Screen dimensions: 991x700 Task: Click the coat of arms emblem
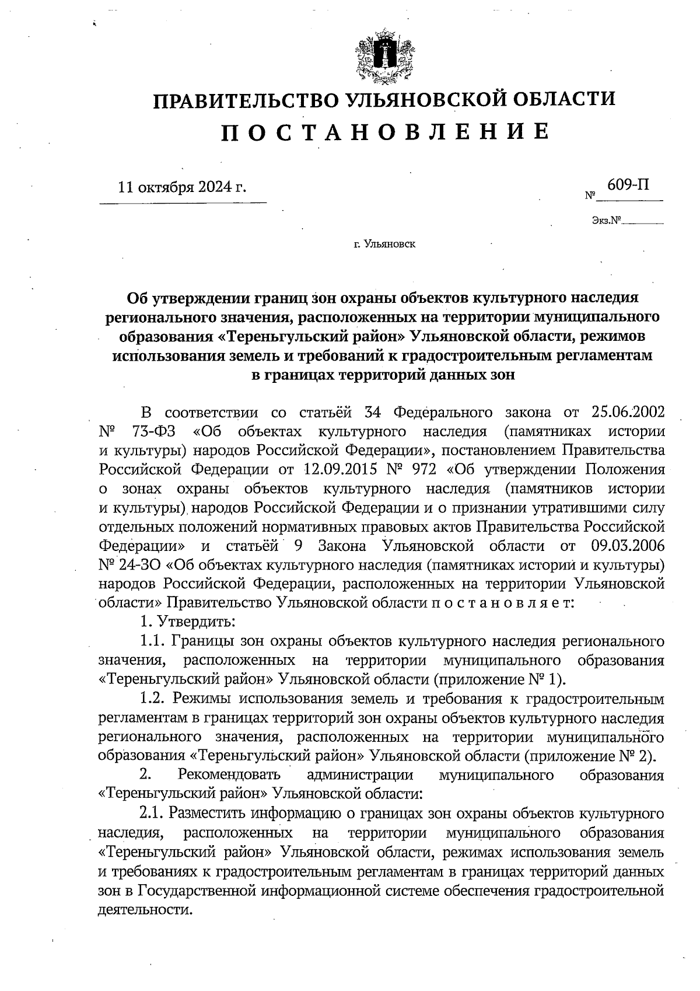pyautogui.click(x=383, y=58)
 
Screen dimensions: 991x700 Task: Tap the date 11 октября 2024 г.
pyautogui.click(x=182, y=188)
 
